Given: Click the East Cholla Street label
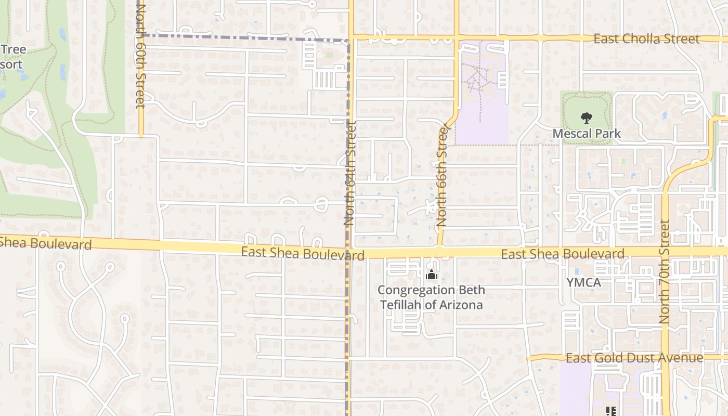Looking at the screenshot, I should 646,39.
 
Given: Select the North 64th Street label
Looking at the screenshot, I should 349,173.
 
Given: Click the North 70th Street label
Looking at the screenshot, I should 664,272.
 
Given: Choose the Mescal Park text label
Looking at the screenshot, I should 586,134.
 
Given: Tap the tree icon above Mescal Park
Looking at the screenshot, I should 586,118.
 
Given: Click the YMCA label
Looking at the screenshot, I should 584,283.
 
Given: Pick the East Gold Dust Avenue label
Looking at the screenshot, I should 634,358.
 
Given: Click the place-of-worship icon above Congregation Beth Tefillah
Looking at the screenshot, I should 431,276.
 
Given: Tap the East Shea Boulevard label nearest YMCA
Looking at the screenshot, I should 562,254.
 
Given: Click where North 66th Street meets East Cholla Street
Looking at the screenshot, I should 457,38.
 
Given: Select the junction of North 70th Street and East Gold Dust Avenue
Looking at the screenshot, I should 665,358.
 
